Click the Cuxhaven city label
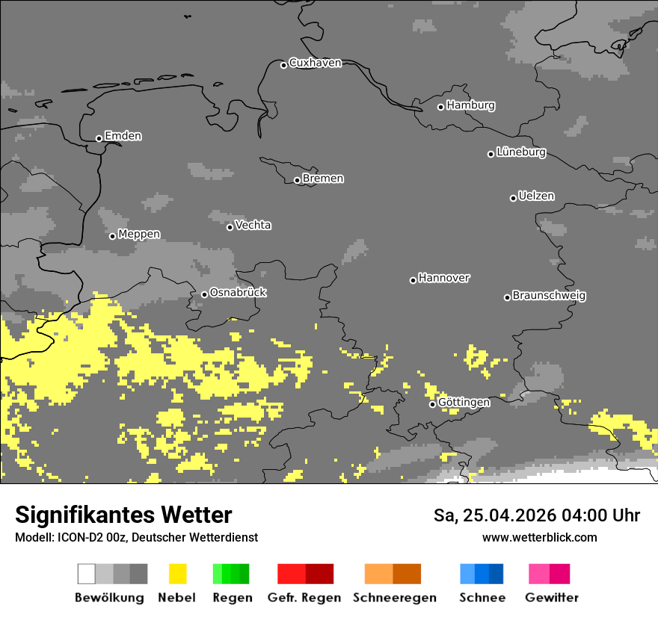315,63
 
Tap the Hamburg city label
470,105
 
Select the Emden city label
123,136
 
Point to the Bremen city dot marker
297,180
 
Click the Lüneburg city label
520,152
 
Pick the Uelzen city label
536,196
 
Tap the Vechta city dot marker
230,227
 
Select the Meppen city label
139,235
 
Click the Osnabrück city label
238,293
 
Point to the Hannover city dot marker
413,280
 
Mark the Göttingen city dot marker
432,404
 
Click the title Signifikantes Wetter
123,515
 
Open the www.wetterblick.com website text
539,537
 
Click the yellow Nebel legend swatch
177,574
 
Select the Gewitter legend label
552,598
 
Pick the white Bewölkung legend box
87,574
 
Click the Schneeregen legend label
395,598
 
